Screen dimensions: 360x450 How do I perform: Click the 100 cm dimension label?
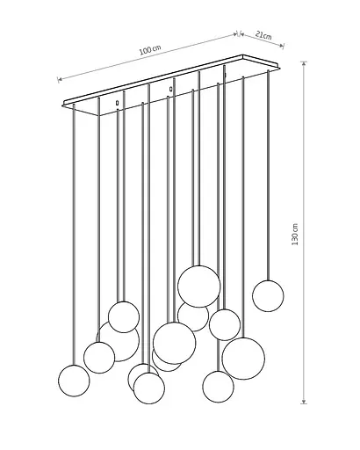coord(150,50)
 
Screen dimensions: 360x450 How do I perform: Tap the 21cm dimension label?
coord(263,35)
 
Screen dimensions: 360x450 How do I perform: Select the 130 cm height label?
coord(295,235)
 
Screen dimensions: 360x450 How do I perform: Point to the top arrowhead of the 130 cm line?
coord(304,64)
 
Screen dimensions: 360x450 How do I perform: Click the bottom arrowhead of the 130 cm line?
coord(304,402)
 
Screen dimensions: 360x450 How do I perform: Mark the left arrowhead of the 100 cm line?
coord(60,79)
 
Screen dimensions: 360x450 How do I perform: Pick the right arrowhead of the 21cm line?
coord(282,46)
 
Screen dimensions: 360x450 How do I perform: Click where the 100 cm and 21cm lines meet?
coord(239,33)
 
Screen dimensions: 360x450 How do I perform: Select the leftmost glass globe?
coord(74,381)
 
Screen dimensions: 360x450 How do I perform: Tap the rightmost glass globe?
coord(268,296)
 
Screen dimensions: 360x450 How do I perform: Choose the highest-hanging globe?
coord(199,287)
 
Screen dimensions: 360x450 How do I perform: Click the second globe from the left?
coord(99,358)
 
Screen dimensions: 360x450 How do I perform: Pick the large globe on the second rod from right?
coord(243,359)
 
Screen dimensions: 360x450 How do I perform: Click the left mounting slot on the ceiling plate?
coord(117,103)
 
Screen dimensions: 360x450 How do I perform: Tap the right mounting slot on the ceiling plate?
coord(170,89)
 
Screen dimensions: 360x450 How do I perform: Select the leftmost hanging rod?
coord(74,235)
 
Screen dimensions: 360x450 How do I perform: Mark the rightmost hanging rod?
coord(268,175)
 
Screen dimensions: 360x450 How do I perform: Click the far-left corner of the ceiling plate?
coord(63,105)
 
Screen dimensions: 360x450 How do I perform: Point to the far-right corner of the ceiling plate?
coord(279,67)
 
